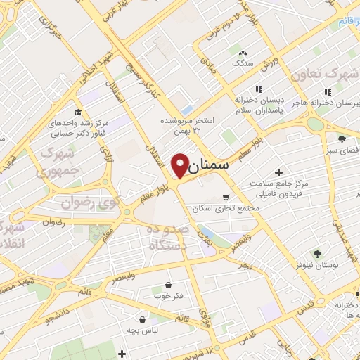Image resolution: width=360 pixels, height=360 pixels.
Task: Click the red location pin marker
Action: [x=180, y=164]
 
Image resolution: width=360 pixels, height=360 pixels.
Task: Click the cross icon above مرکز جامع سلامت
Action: [x=279, y=172]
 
